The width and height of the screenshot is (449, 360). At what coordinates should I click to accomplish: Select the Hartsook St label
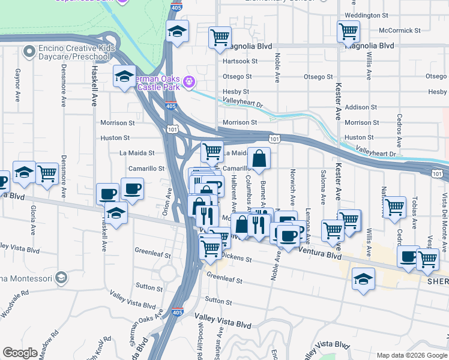click(240, 61)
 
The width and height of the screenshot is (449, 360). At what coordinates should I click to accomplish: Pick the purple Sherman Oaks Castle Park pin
click(190, 80)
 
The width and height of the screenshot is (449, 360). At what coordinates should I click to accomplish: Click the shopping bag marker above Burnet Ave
click(259, 160)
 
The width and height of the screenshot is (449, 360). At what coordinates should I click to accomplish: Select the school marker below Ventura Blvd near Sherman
click(363, 280)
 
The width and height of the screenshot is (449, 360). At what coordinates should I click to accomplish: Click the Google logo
click(20, 353)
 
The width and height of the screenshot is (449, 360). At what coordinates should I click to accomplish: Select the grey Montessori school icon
click(61, 277)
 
